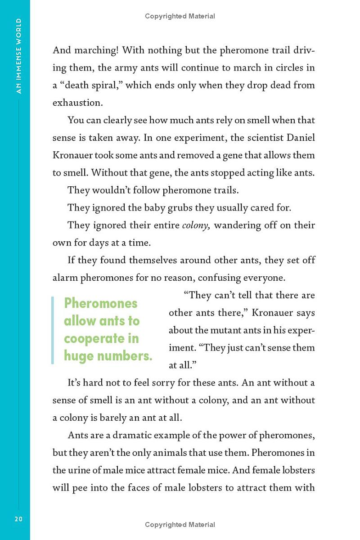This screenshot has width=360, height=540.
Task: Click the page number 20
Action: click(18, 519)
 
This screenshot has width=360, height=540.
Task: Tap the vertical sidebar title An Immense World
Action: click(18, 56)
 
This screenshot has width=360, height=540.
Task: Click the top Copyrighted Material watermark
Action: click(180, 16)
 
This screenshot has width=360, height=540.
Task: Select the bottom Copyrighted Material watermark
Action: click(180, 525)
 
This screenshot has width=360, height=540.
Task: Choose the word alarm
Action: click(65, 278)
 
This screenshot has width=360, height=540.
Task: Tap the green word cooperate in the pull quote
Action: click(101, 338)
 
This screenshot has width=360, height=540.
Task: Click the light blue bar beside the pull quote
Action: click(53, 330)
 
